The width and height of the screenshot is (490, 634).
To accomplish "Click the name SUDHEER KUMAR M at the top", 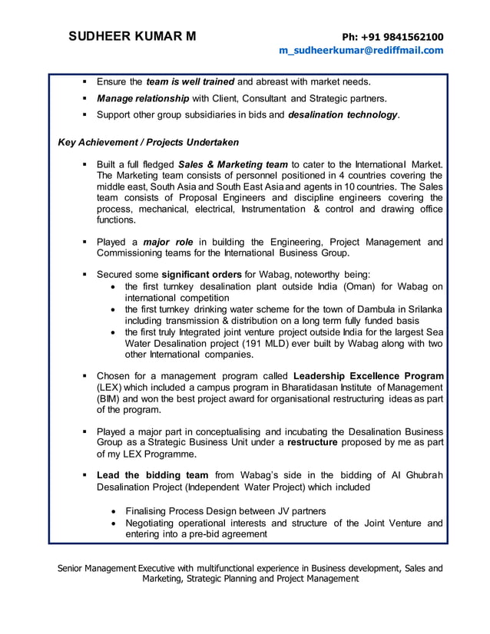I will [132, 37].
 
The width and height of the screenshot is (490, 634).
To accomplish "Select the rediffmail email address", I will [361, 51].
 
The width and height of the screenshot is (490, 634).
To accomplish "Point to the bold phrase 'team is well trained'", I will [190, 81].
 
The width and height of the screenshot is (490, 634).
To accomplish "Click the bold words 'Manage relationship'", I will [143, 98].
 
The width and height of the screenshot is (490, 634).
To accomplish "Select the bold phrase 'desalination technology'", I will [343, 115].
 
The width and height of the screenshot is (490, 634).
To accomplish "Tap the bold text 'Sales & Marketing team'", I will [233, 164].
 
